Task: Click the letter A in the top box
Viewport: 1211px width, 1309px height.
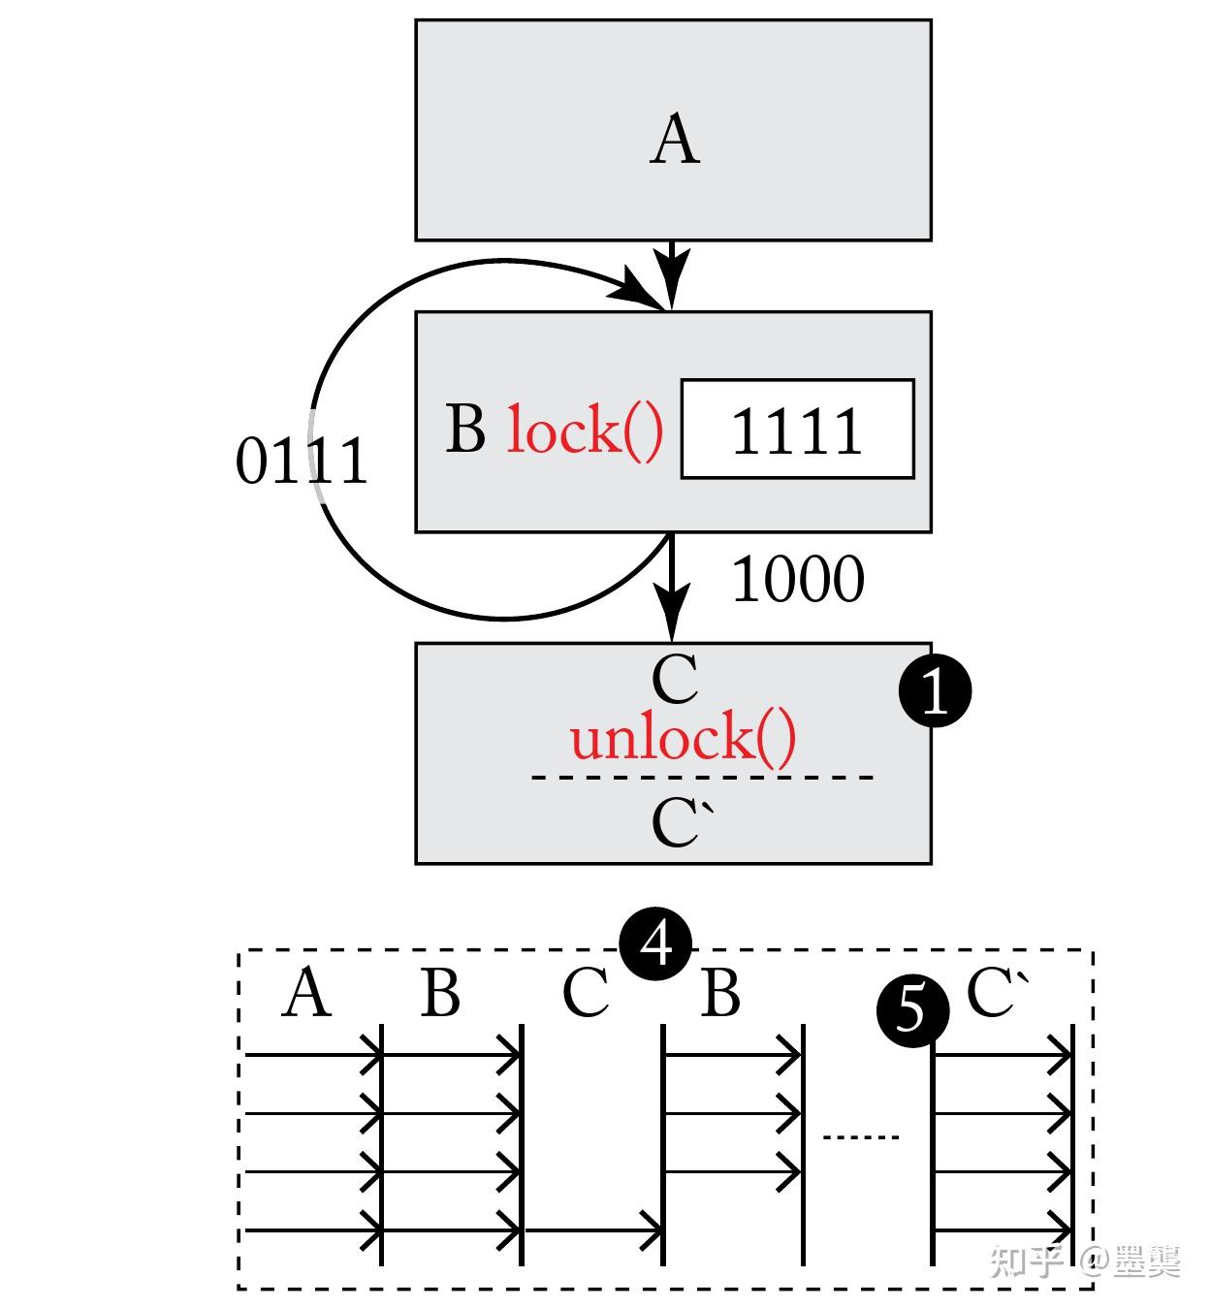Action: click(674, 141)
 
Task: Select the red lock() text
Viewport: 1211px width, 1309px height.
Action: click(585, 431)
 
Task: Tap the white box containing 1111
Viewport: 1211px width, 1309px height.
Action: click(797, 429)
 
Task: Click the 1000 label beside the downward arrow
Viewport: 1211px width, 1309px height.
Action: click(797, 580)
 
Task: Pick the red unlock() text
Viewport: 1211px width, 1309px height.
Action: click(683, 738)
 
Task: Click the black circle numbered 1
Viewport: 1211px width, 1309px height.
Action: click(935, 691)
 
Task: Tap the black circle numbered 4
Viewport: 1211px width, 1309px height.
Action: click(656, 943)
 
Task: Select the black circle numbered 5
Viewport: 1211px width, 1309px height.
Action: click(912, 1011)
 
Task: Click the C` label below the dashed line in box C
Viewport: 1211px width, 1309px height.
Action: click(681, 823)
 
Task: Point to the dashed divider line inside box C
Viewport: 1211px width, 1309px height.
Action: click(702, 777)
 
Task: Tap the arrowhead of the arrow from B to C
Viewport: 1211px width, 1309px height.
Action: click(671, 613)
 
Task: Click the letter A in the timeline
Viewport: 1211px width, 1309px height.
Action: click(306, 994)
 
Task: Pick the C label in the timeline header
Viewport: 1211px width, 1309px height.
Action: click(585, 994)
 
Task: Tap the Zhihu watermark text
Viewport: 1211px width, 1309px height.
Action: click(1084, 1261)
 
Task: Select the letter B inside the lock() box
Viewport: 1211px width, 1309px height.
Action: click(465, 429)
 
